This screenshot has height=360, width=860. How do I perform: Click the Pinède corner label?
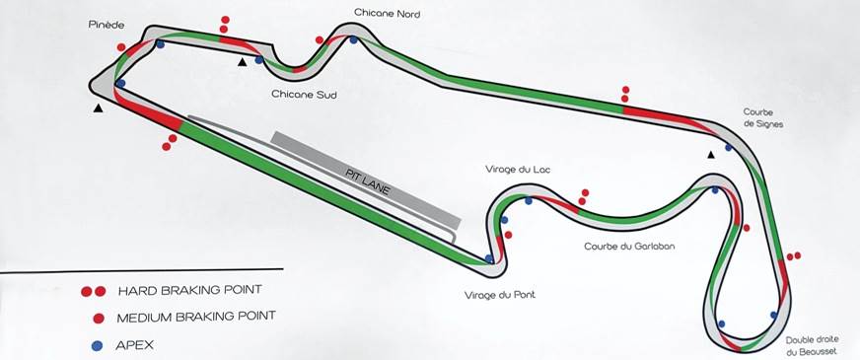(106, 26)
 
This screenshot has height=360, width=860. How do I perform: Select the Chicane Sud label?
(298, 95)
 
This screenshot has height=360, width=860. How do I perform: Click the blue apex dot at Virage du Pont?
(489, 259)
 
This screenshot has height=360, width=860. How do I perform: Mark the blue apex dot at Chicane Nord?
(353, 40)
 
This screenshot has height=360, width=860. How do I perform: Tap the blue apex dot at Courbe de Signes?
(728, 148)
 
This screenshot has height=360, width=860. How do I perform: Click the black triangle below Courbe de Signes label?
(709, 154)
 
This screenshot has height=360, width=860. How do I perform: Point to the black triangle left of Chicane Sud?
(242, 62)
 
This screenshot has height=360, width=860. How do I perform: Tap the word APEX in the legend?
(135, 345)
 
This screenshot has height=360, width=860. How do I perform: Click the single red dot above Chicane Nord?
(320, 40)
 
